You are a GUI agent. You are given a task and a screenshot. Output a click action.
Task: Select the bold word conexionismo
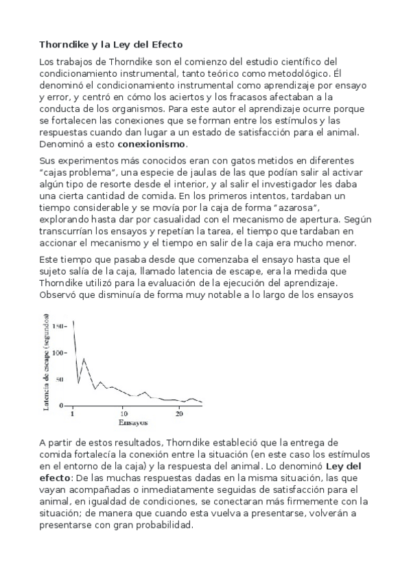pyautogui.click(x=152, y=145)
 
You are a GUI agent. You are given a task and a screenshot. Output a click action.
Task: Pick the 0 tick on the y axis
pyautogui.click(x=62, y=406)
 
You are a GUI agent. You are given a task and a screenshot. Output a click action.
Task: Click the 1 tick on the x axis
pyautogui.click(x=72, y=414)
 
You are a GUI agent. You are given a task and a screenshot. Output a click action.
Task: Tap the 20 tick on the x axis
pyautogui.click(x=179, y=414)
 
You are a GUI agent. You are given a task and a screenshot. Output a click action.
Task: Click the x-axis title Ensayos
pyautogui.click(x=124, y=422)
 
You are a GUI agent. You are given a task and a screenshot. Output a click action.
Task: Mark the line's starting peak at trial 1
pyautogui.click(x=73, y=321)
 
